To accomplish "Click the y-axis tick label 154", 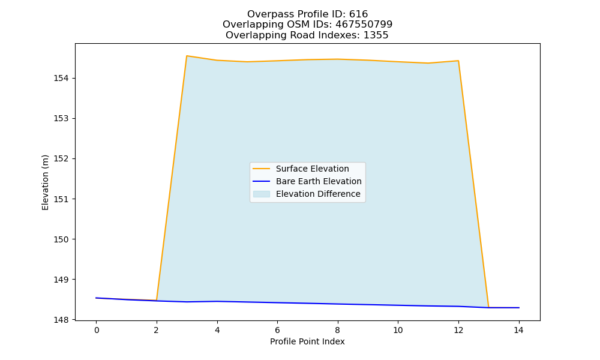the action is click(x=61, y=79).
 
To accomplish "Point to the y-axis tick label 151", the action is click(x=61, y=199).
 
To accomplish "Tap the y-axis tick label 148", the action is click(x=61, y=320).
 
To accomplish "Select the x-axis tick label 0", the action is click(x=97, y=330).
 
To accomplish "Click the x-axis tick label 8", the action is click(x=337, y=330).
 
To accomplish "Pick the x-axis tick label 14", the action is click(x=518, y=330).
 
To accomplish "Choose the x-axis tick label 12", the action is click(x=458, y=330).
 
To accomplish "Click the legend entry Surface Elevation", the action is click(x=312, y=169).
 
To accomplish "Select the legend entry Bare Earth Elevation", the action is click(x=319, y=181).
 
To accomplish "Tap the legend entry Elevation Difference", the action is click(x=318, y=194).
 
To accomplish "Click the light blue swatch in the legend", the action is click(x=262, y=194).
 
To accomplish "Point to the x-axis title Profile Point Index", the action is click(x=307, y=341).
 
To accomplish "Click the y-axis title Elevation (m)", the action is click(x=45, y=182).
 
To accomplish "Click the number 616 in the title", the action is click(x=359, y=14).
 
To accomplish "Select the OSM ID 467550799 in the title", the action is click(x=364, y=25).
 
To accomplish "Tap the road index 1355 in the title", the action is click(x=376, y=35).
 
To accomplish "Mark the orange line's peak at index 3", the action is click(x=187, y=56).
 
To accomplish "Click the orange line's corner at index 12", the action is click(x=458, y=61).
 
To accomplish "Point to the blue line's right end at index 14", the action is click(x=518, y=308).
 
